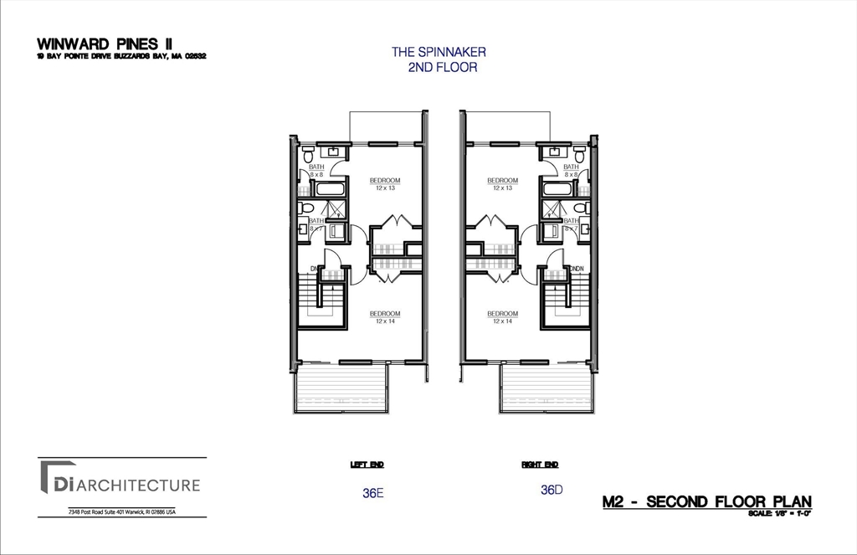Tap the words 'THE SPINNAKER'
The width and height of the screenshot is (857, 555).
439,52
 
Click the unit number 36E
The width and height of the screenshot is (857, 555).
372,493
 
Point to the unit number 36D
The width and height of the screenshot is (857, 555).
551,490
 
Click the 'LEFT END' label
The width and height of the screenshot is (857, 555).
367,464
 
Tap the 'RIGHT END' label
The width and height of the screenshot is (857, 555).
540,464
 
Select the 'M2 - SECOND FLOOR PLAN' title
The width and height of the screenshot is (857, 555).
706,501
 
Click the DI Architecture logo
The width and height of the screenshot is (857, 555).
118,485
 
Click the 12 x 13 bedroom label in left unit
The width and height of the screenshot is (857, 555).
385,183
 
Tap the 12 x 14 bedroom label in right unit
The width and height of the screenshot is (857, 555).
502,317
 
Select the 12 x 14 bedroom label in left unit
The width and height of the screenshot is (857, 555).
385,317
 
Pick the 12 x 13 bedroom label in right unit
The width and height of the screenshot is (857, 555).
502,183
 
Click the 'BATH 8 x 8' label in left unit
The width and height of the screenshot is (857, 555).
316,171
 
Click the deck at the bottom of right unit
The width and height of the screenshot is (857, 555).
546,388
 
